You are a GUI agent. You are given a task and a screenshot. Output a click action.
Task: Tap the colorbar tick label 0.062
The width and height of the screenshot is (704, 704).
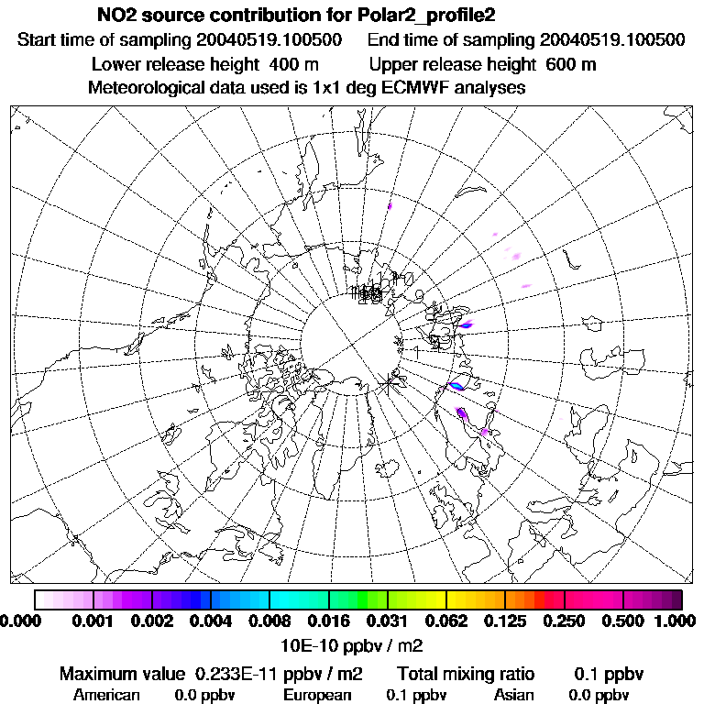[445, 621]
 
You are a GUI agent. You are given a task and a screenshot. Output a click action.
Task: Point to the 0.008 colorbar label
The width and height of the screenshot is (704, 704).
[269, 621]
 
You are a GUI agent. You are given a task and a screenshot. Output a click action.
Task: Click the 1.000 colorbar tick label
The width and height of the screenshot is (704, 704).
[676, 621]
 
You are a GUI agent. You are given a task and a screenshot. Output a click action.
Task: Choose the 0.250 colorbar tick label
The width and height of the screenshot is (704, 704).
[564, 621]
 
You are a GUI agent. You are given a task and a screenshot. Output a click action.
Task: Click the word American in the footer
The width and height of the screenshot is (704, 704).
[106, 695]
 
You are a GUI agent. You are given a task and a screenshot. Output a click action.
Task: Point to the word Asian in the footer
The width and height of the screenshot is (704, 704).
[513, 695]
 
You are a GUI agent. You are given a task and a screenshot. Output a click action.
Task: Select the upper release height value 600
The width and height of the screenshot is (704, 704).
[559, 65]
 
